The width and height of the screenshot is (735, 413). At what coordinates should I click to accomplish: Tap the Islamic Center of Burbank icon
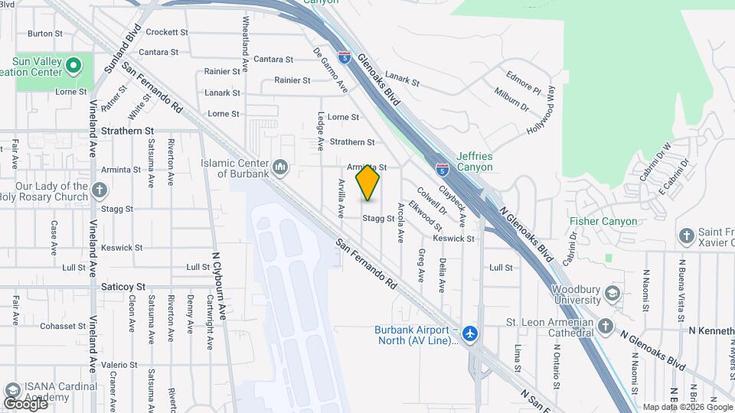[280, 167]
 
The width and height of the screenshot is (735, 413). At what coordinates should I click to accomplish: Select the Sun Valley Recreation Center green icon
[73, 66]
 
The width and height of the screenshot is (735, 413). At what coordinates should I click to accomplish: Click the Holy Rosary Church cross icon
[99, 190]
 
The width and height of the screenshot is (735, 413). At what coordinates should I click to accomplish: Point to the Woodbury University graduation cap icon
[612, 294]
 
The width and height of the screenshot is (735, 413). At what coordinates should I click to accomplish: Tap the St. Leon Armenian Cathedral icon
[606, 327]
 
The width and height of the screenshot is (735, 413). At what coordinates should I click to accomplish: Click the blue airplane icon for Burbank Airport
[469, 334]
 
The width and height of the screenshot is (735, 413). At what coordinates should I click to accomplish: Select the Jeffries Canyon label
[475, 161]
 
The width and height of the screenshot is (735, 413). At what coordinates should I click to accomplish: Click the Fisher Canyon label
[603, 222]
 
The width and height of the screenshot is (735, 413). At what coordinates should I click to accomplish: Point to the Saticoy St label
[123, 286]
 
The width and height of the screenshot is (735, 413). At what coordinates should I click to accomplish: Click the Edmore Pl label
[524, 79]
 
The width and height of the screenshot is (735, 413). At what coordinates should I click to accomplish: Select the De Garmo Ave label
[331, 70]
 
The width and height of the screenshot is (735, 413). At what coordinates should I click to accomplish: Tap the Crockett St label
[167, 32]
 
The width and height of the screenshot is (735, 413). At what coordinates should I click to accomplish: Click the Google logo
[26, 402]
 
